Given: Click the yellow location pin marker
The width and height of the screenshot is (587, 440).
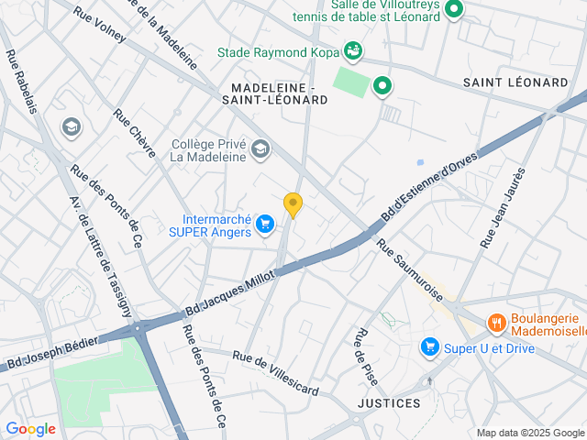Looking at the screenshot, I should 293,204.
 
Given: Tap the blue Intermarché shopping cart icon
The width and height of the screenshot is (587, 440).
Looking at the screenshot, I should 265,223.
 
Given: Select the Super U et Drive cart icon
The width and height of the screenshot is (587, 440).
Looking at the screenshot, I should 428,346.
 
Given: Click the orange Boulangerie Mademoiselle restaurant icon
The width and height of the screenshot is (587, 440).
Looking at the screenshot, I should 496,322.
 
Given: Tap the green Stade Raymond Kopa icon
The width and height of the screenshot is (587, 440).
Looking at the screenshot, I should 352,49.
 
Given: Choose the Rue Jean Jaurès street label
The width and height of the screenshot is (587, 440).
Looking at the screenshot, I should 504,207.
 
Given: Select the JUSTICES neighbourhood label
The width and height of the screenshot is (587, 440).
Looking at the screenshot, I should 389,403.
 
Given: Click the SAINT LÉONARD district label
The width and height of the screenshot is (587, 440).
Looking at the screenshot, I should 515,82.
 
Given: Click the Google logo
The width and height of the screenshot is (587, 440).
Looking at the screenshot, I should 30,428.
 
